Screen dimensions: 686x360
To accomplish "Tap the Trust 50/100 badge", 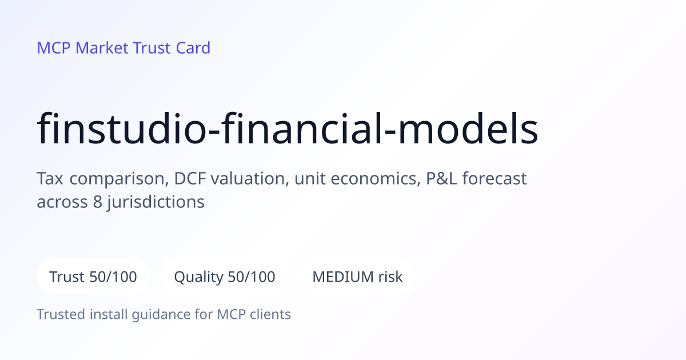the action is pos(93,277).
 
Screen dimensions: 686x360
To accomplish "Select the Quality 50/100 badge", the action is pos(225,277).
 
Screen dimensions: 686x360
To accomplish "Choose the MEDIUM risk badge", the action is pos(357,277).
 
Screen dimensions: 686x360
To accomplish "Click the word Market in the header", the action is pos(102,48).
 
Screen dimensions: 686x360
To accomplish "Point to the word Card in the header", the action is pos(193,48).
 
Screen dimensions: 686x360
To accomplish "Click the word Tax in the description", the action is pos(50,178).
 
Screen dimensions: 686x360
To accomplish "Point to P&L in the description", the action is pos(441,178).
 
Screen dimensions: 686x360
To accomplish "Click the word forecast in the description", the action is pos(494,178).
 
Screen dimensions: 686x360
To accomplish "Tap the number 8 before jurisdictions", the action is pos(98,202).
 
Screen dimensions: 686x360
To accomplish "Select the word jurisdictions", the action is pos(156,203).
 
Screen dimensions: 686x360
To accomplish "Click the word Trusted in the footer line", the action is pos(61,314).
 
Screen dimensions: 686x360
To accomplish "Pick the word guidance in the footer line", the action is pos(161,315).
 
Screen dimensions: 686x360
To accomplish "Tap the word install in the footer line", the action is pos(109,314).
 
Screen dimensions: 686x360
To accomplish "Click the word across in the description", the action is pos(62,202).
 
